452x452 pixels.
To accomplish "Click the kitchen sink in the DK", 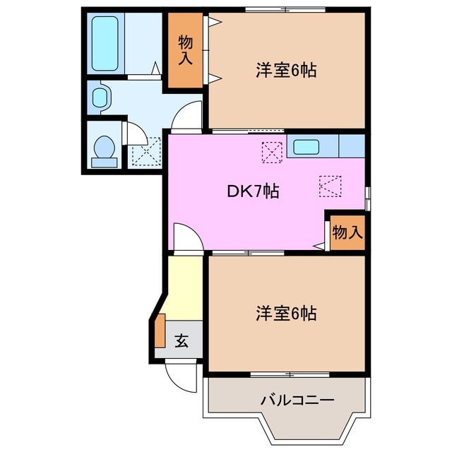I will (x=306, y=148).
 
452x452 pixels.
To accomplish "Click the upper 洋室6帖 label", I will (x=285, y=71).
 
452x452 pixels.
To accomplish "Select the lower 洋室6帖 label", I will (x=285, y=313).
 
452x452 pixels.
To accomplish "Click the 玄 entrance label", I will (x=181, y=341).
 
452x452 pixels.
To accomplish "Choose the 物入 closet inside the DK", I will (x=347, y=232).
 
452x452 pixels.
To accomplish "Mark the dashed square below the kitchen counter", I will (x=331, y=186).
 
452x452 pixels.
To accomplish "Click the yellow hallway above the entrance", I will (x=184, y=290).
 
